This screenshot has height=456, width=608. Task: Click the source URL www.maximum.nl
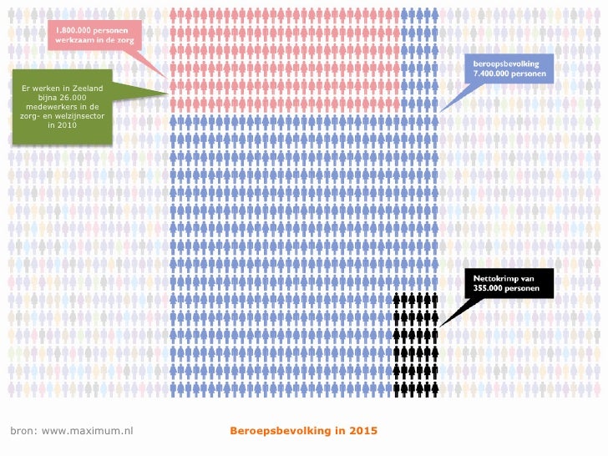(x=88, y=431)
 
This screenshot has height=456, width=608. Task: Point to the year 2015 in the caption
(x=362, y=431)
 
